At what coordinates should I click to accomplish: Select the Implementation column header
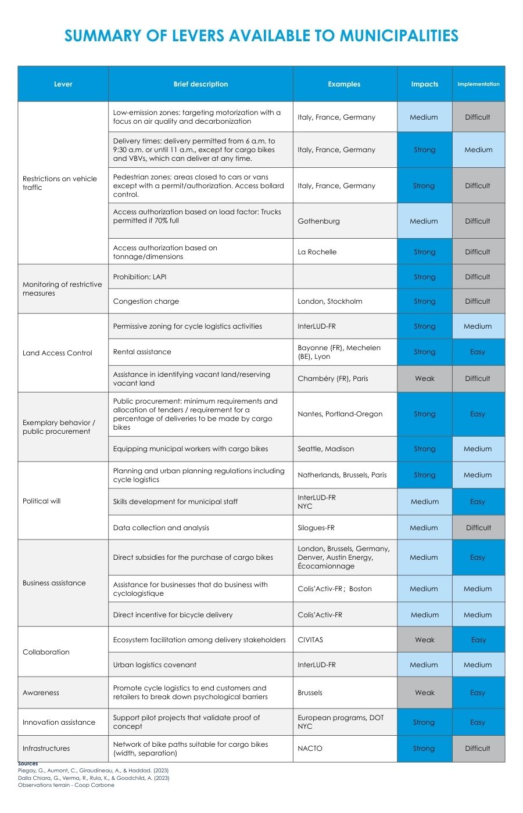[478, 84]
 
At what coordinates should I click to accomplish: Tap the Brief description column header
[200, 84]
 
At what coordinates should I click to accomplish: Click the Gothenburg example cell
[319, 221]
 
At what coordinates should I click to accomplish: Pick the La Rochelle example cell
[317, 252]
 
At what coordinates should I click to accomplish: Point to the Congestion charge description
[146, 301]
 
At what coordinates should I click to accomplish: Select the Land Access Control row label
[58, 353]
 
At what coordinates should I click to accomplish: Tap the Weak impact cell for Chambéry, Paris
[425, 379]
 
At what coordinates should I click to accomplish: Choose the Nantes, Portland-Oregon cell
[340, 414]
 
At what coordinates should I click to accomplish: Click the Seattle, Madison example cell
[326, 449]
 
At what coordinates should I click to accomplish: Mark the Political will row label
[42, 501]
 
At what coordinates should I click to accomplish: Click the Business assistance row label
[54, 583]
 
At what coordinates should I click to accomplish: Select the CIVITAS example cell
[310, 640]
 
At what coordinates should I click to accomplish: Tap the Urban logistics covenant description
[155, 665]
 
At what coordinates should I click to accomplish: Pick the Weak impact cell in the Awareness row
[425, 693]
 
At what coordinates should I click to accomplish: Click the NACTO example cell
[310, 749]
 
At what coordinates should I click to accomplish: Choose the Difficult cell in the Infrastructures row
[478, 749]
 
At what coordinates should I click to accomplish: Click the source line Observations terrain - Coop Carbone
[66, 785]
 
